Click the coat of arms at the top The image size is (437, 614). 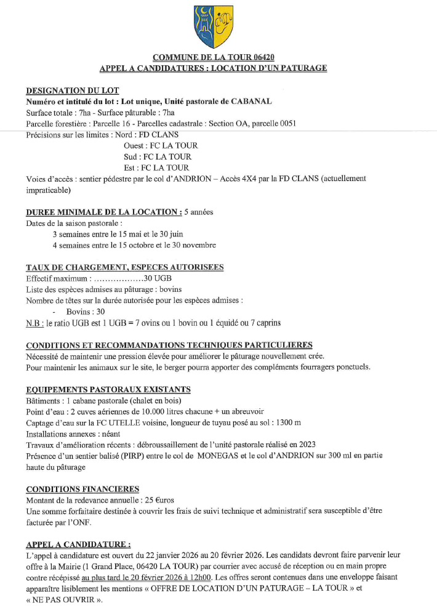pos(213,26)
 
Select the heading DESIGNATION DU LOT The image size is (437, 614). pos(72,90)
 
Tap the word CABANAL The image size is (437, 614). pos(252,101)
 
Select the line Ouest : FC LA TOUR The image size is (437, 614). pos(161,146)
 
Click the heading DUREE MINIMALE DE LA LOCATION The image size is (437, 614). pos(103,212)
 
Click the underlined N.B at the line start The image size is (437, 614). pos(34,323)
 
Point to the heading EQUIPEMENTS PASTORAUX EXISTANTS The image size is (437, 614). pos(108,389)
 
